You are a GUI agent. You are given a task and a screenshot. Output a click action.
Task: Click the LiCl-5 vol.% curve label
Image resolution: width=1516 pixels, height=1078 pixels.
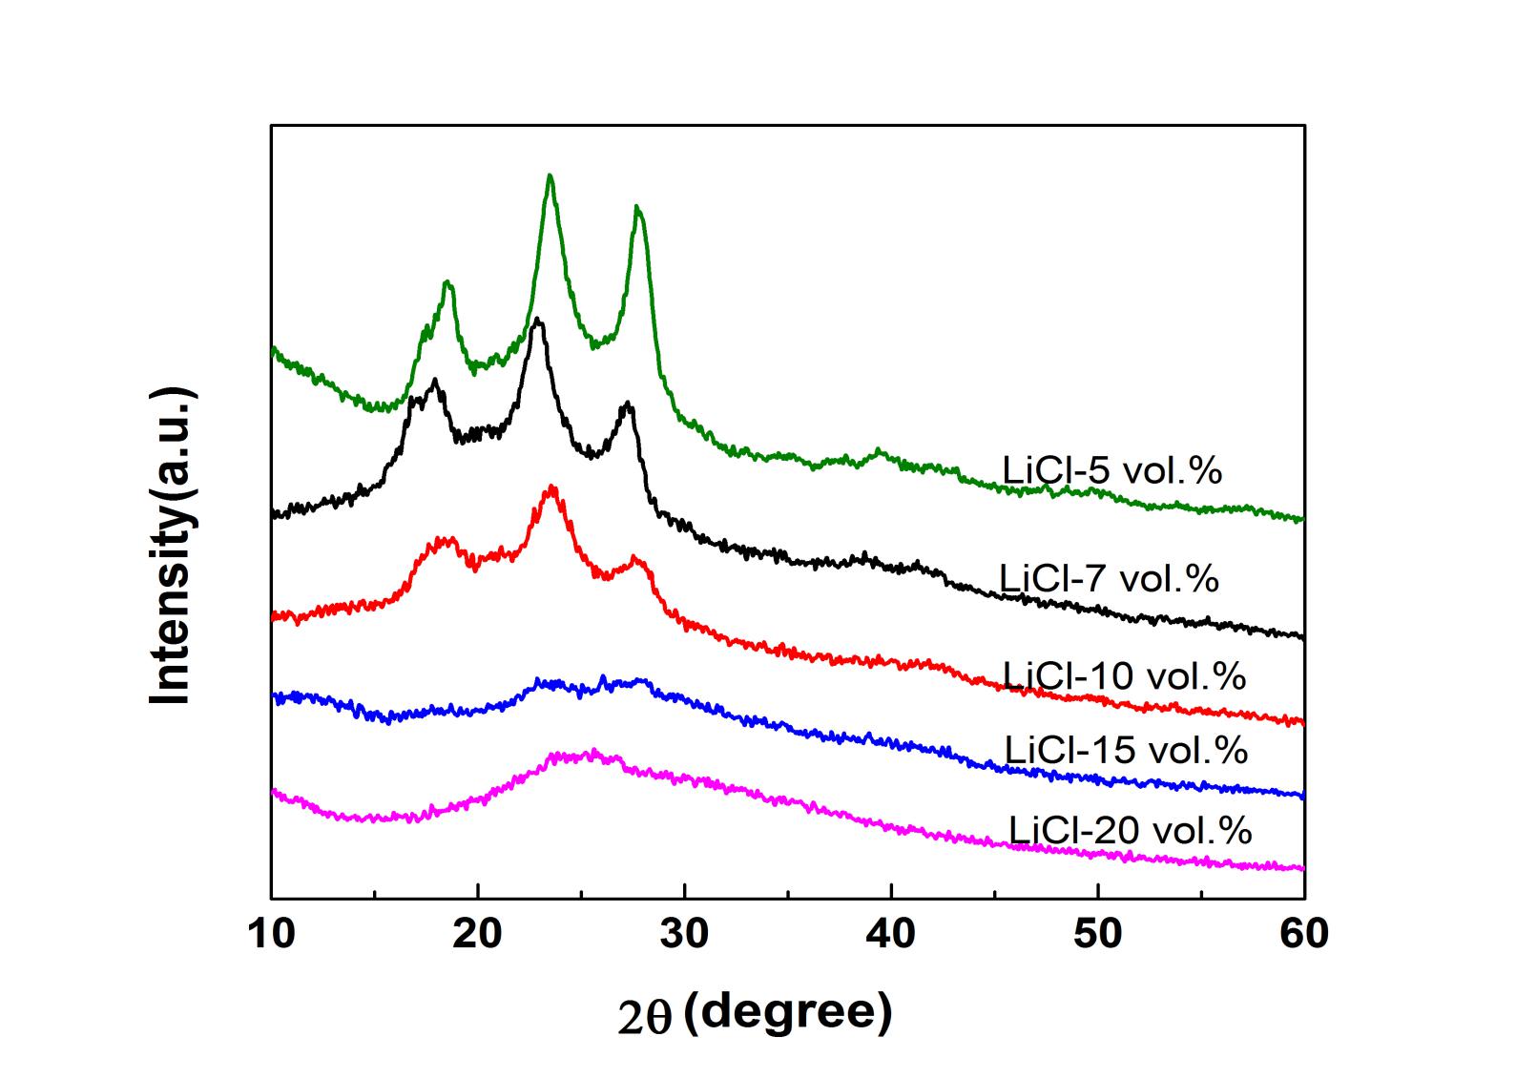click(1111, 470)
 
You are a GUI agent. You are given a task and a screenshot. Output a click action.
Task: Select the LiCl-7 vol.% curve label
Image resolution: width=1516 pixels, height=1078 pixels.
click(1109, 578)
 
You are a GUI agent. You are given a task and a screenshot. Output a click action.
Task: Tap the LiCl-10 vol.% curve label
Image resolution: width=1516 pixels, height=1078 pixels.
click(1124, 675)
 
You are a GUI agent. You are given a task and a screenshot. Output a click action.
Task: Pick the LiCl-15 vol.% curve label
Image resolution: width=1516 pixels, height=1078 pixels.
click(1126, 750)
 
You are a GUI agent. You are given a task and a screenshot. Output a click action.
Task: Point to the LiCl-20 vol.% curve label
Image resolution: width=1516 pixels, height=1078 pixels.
click(1130, 830)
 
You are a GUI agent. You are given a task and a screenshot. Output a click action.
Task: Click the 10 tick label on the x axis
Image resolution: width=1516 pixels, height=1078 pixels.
click(272, 934)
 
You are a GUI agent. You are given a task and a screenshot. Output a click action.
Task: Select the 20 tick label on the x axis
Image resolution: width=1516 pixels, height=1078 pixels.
click(478, 934)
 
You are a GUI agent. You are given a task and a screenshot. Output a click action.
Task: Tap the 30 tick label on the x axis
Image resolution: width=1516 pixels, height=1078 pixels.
click(684, 934)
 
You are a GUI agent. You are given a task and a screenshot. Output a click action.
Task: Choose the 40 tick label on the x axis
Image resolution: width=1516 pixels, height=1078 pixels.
click(891, 934)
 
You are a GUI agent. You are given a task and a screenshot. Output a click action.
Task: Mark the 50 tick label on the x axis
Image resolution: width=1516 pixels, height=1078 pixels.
click(1097, 934)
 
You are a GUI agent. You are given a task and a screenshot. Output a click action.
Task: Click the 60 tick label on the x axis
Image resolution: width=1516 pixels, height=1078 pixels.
click(1303, 934)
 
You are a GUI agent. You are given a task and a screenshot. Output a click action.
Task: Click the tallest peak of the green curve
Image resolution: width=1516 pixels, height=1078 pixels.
click(550, 176)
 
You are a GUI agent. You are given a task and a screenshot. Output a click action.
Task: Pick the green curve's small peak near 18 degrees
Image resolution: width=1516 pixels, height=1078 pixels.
click(446, 282)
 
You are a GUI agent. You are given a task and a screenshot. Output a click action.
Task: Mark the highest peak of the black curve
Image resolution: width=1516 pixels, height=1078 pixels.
click(538, 320)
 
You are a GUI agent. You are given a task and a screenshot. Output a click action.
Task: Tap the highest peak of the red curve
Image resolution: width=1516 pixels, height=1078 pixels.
click(551, 487)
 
